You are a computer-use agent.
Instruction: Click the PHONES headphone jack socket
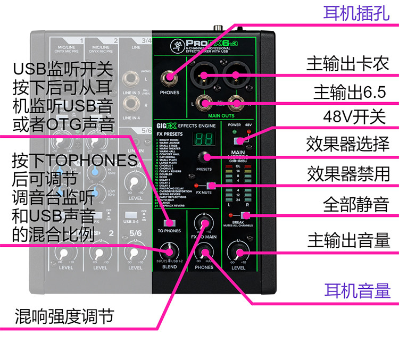[x=170, y=78]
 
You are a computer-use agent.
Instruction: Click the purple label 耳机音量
[x=357, y=290]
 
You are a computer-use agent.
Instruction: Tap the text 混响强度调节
[x=64, y=316]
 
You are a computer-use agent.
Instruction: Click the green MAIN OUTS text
[x=221, y=115]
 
